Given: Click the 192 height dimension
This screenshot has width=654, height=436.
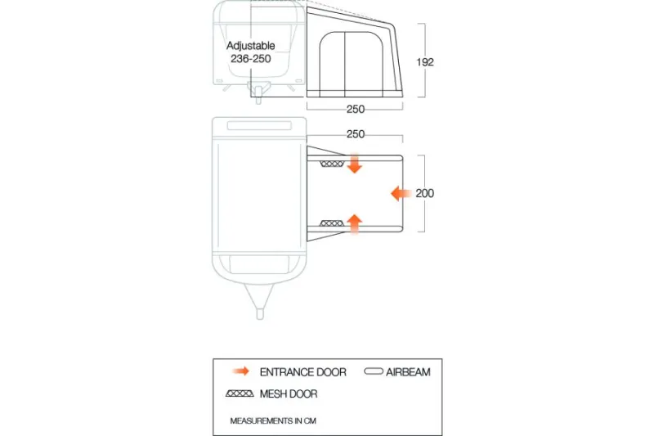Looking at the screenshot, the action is [x=425, y=62].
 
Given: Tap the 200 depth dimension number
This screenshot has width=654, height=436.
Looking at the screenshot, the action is [x=424, y=193].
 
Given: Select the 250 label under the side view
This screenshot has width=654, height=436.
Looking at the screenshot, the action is [x=356, y=109].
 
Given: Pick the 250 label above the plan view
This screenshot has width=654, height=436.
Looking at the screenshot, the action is [x=356, y=134].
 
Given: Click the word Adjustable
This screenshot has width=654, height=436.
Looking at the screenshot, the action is [x=251, y=46].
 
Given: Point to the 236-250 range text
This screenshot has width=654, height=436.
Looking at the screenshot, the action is [x=251, y=58].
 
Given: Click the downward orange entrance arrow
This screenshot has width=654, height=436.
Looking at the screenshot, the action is [x=355, y=164].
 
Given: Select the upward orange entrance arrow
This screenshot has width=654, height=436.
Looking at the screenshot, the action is [x=355, y=223].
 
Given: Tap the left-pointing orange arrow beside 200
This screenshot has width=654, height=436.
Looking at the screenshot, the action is [x=401, y=193].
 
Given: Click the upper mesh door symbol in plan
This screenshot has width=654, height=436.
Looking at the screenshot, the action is [x=332, y=164].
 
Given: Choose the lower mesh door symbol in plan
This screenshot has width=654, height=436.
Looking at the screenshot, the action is [x=332, y=223].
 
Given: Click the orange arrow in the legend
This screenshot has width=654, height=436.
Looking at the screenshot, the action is [x=241, y=371].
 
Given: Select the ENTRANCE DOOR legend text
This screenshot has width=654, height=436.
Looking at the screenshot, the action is [x=302, y=372].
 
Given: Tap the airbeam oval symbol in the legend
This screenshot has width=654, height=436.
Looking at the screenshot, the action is [x=374, y=371].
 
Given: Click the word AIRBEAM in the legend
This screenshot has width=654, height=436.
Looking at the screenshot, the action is [x=408, y=372].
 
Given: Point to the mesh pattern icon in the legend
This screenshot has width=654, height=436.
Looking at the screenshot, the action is [x=240, y=393].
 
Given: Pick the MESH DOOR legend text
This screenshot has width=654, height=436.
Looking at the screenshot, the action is [x=289, y=393].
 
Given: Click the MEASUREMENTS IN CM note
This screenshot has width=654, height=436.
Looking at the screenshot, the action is [x=273, y=421].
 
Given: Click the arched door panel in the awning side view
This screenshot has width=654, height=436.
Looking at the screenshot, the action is [x=352, y=65].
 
